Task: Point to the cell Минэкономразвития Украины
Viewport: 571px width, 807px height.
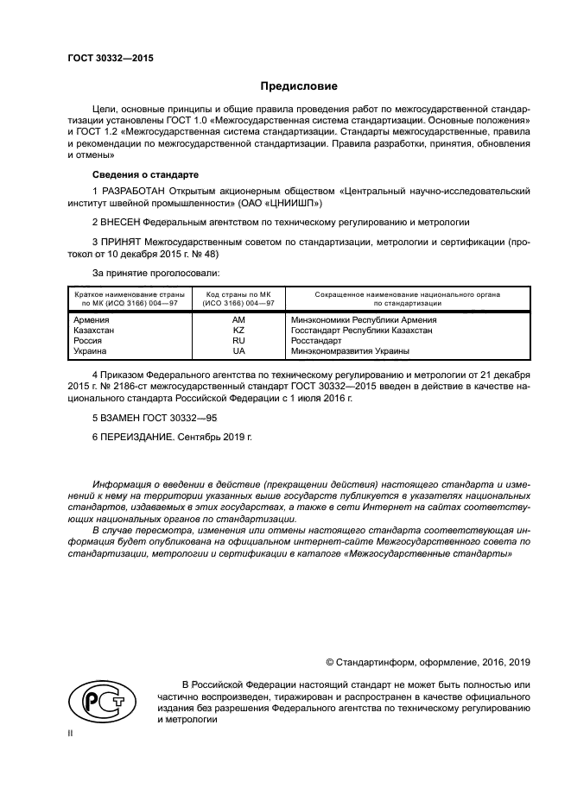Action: coord(350,351)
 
